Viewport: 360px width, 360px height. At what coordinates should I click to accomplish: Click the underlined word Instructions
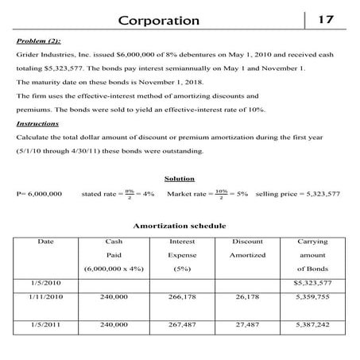point(39,123)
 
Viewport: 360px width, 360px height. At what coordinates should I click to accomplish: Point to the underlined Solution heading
point(179,179)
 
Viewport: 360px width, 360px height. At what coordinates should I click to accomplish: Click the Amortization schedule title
point(179,226)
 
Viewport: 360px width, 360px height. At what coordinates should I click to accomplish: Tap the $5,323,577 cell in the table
point(311,282)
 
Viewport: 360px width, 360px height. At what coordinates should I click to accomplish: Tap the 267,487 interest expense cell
point(182,324)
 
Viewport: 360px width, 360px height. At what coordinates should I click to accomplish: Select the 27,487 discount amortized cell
point(247,324)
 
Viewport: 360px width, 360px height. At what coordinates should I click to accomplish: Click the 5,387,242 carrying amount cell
point(311,324)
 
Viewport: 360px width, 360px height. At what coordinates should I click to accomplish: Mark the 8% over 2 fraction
point(129,193)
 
